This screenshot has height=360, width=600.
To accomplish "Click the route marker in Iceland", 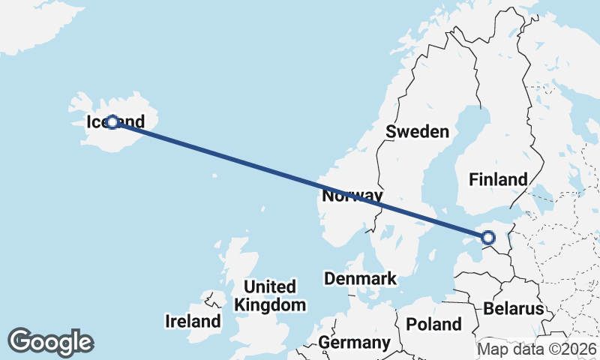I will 112,121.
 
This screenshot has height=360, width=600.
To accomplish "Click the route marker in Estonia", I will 488,238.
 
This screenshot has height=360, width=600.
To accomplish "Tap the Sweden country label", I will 417,132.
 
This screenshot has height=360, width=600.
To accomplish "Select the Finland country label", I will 498,179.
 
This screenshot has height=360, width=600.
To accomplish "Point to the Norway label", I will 352,196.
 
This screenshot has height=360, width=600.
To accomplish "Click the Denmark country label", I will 360,279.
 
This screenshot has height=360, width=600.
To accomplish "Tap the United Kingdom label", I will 270,295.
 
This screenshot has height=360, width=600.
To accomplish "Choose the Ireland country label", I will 193,322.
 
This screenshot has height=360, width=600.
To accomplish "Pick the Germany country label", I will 354,343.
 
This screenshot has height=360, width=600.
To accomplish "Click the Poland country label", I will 433,324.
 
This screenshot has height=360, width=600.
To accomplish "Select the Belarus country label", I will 513,308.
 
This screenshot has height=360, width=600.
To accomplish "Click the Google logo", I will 50,341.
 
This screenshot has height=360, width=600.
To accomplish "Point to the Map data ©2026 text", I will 537,349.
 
